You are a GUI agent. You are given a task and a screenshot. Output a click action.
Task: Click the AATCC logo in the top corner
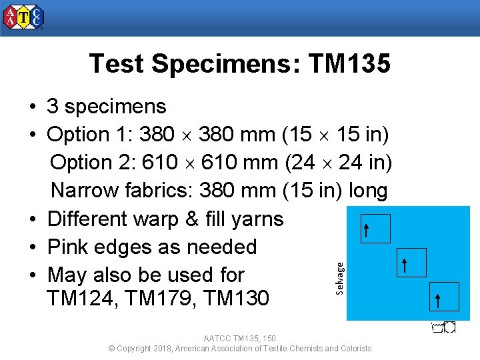24,18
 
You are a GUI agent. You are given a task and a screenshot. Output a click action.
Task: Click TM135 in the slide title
349,64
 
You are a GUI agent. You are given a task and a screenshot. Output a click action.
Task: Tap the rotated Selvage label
339,277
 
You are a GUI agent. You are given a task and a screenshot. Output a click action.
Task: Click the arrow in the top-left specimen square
367,230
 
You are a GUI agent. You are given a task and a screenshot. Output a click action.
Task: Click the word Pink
71,247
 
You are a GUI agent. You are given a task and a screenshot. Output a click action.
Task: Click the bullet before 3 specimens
32,107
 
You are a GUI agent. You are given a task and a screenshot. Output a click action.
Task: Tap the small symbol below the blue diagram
443,327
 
